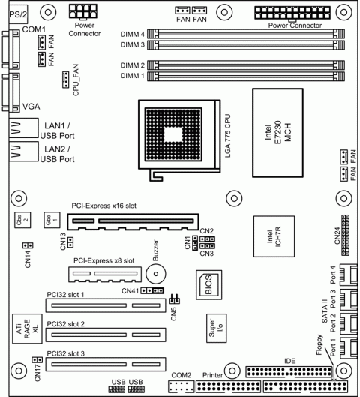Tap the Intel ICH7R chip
click(x=273, y=238)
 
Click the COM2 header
click(x=180, y=386)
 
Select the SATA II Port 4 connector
click(x=346, y=275)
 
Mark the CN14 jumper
click(x=25, y=246)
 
